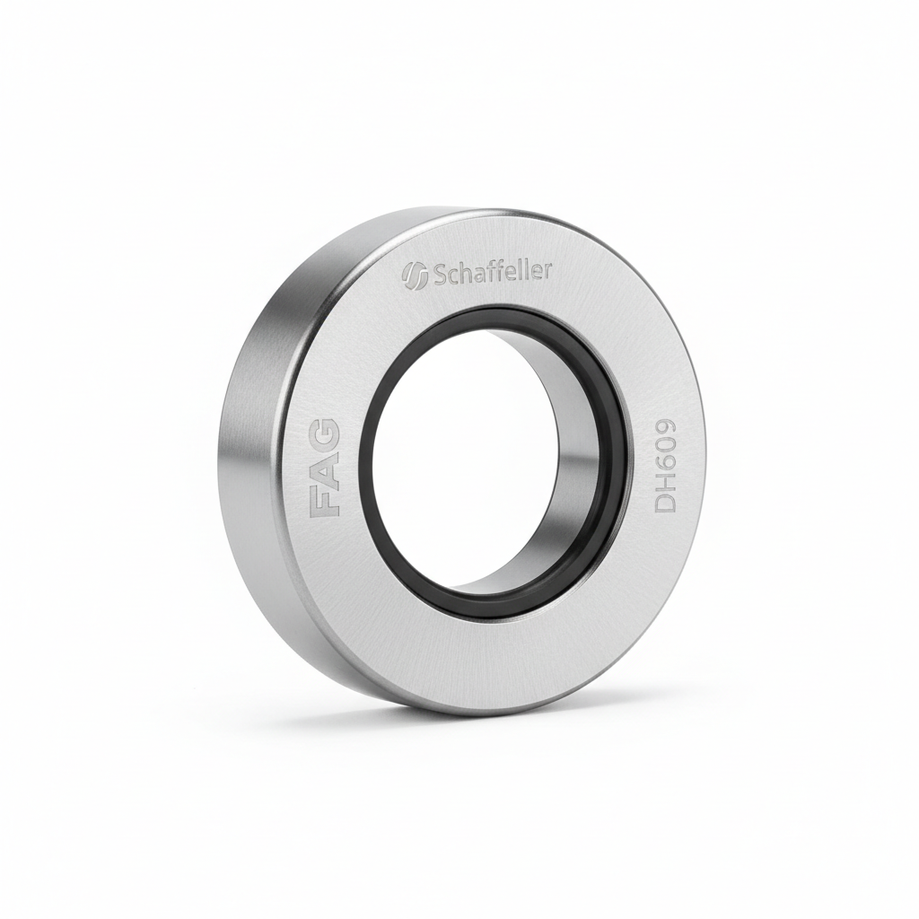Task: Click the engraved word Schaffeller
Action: pyautogui.click(x=493, y=272)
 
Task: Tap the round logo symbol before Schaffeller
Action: pyautogui.click(x=415, y=275)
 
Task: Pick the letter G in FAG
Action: pyautogui.click(x=324, y=432)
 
